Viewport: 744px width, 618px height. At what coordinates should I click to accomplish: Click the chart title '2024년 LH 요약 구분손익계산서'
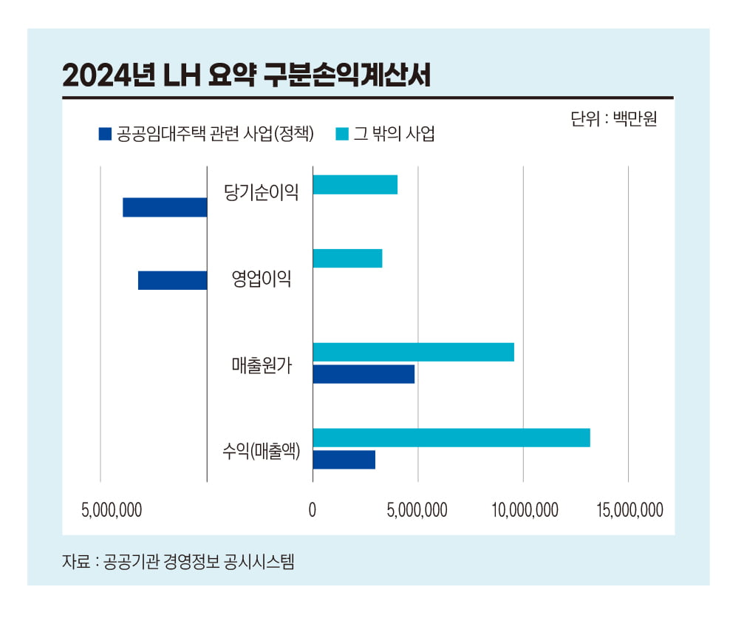(x=246, y=75)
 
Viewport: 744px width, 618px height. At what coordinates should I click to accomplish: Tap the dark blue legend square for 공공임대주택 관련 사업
(x=105, y=134)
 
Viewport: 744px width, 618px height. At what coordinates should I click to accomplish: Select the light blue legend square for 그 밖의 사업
(x=342, y=134)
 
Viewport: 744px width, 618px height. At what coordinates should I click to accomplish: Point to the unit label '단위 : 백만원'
(x=613, y=119)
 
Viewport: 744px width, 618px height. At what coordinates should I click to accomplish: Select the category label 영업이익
(x=262, y=279)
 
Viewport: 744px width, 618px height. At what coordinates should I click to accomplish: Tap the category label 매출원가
(x=262, y=365)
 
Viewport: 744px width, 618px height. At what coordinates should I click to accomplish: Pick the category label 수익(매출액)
(x=262, y=450)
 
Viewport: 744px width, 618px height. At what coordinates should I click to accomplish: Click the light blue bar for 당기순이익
(x=355, y=185)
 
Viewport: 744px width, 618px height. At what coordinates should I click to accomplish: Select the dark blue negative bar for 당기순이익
(x=165, y=208)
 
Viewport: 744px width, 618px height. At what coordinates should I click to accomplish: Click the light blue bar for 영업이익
(x=347, y=259)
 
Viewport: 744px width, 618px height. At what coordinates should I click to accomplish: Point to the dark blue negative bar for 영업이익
(x=172, y=281)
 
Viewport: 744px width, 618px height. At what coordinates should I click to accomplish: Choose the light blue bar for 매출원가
(x=413, y=353)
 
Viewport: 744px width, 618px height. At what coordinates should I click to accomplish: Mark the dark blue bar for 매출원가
(x=363, y=374)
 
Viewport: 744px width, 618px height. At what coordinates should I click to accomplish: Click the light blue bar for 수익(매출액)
(x=451, y=438)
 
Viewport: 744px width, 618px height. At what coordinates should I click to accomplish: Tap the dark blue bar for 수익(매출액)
(x=344, y=459)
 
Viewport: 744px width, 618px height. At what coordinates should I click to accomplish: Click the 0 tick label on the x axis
(x=313, y=510)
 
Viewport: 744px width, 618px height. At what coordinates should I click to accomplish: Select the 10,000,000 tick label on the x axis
(x=523, y=510)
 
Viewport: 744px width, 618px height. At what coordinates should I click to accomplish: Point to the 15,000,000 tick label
(x=629, y=510)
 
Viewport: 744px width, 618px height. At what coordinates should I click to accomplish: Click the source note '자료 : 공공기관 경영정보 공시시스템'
(x=178, y=561)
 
